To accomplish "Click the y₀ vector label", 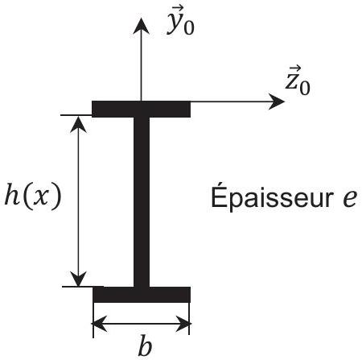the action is [x=180, y=23].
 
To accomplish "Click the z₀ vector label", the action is [x=298, y=81].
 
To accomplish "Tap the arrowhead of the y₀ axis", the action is [x=141, y=27].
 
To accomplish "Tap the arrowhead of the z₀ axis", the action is [x=277, y=101].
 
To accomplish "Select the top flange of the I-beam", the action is [x=142, y=110].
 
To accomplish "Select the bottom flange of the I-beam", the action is [x=142, y=295].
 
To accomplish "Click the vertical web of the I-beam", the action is [x=142, y=202].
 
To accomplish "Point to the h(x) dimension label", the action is [x=33, y=197].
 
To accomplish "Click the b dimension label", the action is [x=145, y=347].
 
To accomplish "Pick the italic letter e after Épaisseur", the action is [x=350, y=199].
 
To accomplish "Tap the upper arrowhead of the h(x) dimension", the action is [x=78, y=124].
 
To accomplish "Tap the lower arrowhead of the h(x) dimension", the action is [x=78, y=279].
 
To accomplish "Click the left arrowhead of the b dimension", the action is [x=101, y=324].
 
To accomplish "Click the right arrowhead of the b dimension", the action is [x=183, y=324].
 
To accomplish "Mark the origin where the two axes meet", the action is [x=141, y=101].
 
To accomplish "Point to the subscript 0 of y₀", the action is [x=189, y=28].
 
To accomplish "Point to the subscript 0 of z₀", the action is [x=305, y=89].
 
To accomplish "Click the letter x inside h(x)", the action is [x=39, y=199].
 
